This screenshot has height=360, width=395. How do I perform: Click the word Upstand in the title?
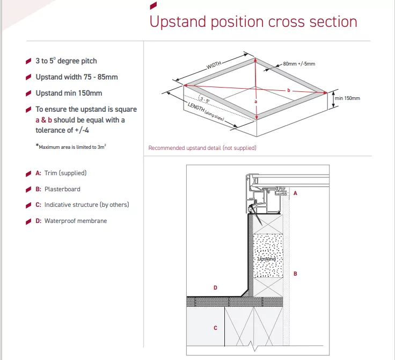click(178, 22)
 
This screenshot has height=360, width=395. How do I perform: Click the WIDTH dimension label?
click(214, 65)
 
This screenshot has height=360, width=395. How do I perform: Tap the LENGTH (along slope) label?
click(206, 112)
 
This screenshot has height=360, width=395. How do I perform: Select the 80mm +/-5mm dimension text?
click(299, 64)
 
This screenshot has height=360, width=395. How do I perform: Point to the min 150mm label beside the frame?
click(347, 98)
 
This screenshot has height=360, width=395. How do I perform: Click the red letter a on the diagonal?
click(255, 102)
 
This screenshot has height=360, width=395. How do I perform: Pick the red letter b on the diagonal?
click(289, 90)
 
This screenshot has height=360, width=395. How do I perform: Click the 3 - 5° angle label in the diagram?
click(204, 100)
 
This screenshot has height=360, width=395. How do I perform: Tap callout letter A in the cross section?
click(295, 193)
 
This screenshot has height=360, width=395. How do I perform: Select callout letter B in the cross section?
click(295, 273)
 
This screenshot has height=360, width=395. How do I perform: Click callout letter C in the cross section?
click(215, 328)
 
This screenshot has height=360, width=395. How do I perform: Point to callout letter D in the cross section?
click(215, 287)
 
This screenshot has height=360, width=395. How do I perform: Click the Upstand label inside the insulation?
click(267, 259)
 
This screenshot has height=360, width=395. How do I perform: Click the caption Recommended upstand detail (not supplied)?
click(202, 148)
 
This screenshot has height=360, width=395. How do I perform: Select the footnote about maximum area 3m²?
click(71, 147)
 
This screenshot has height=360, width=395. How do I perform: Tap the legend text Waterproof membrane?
click(76, 221)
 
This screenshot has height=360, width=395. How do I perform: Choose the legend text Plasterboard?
click(62, 189)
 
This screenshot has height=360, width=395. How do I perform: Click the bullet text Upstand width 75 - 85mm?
click(77, 77)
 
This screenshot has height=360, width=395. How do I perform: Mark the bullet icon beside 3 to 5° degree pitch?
click(28, 61)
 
